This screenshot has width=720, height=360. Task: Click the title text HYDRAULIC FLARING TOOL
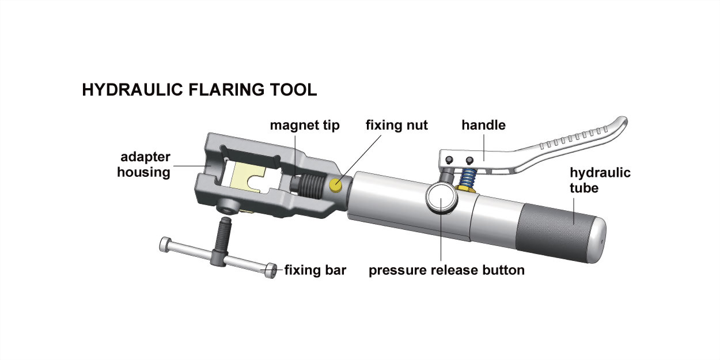[199, 90]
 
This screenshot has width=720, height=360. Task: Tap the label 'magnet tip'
[305, 126]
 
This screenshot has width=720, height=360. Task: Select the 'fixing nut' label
[397, 125]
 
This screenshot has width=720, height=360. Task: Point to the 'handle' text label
[483, 125]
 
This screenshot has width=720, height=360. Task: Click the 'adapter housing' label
[143, 165]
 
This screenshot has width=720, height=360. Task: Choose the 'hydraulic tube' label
[600, 180]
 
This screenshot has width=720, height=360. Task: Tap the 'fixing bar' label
[315, 270]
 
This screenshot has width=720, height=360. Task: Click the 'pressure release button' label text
[446, 270]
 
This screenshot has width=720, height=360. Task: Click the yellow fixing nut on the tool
[335, 185]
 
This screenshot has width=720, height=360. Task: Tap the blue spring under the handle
[467, 179]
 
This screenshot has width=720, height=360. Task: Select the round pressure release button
[441, 198]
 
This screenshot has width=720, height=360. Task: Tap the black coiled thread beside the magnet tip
[311, 187]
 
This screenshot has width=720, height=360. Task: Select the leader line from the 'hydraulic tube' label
[574, 211]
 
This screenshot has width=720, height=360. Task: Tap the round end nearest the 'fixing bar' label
[271, 271]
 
